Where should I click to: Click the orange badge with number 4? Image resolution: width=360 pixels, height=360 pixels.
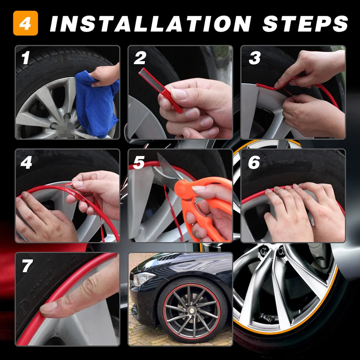point(26,23)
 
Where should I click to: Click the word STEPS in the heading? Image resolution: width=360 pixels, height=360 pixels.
point(305,23)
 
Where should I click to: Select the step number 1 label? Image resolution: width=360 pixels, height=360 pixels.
point(25,58)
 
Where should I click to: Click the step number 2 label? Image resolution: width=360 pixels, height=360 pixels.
point(140,58)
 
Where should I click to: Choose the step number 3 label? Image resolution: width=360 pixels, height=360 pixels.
point(254,58)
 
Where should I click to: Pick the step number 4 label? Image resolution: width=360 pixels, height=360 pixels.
point(26,163)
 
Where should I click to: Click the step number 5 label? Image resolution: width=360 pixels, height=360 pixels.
point(139,163)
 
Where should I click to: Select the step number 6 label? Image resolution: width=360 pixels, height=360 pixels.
point(254,163)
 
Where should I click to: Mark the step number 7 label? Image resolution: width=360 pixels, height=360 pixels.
point(27,266)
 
